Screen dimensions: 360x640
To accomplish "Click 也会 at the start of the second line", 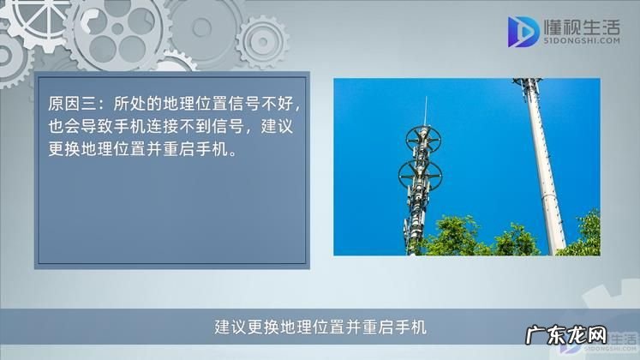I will tap(63, 127).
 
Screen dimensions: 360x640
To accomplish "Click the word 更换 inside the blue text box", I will tap(63, 148).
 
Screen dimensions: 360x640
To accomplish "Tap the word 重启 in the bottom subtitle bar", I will tap(380, 327).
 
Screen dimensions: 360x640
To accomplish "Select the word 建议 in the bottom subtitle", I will tap(224, 327).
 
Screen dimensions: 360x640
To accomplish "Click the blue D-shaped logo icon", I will tap(524, 33).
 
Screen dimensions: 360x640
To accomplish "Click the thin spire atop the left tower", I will tap(426, 111).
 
